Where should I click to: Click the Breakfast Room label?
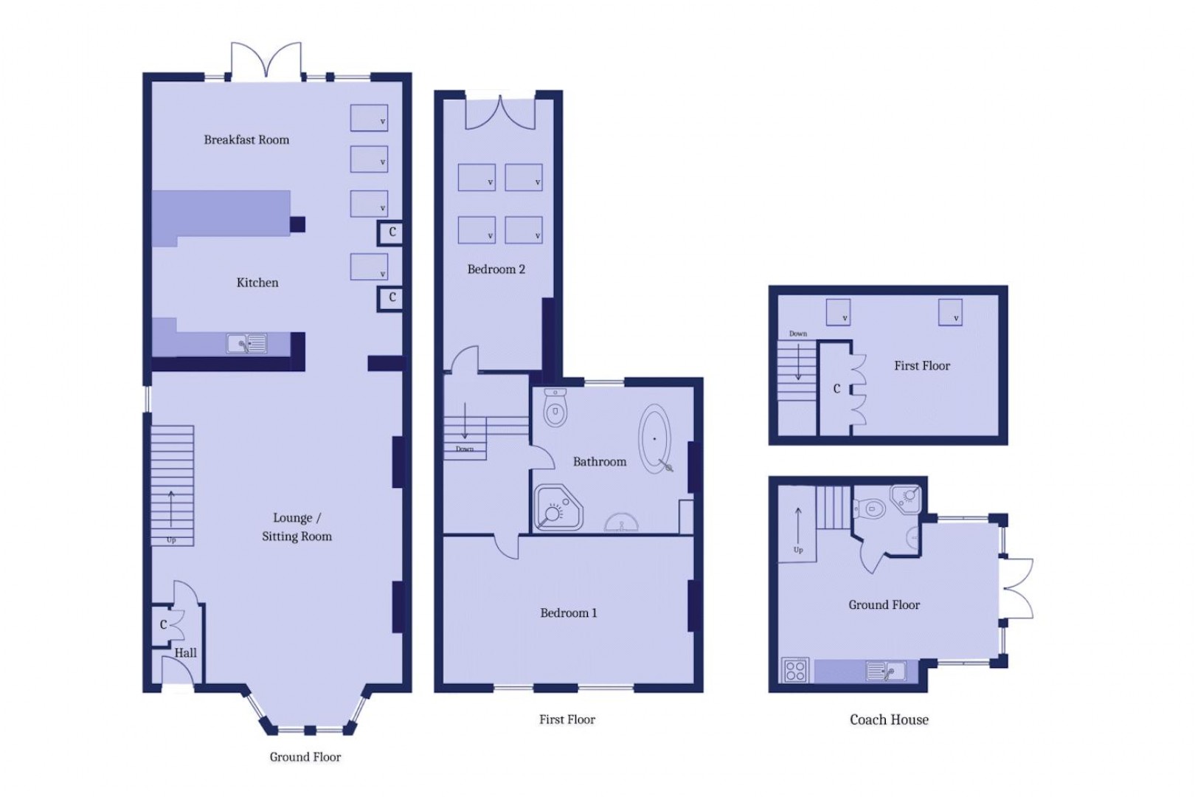246,139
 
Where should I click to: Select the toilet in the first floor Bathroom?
555,410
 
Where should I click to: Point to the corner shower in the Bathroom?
557,508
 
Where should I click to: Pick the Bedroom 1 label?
568,613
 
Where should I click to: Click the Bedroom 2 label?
496,269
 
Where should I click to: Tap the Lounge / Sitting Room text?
297,527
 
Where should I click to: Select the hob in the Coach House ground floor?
795,670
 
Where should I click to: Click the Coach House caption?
889,720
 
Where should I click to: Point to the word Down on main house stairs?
464,449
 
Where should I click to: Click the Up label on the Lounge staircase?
171,540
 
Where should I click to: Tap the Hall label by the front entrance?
185,652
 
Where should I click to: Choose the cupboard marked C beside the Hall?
164,625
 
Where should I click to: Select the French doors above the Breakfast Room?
266,61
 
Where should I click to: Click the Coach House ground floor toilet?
871,508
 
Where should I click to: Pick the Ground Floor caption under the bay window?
305,756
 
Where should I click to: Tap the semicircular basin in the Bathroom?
622,524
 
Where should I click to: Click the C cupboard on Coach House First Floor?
836,389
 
